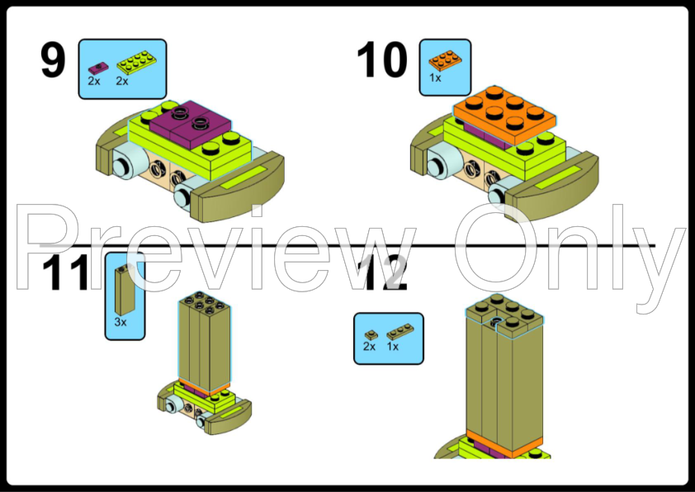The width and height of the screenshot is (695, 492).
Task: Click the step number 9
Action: (x=53, y=59)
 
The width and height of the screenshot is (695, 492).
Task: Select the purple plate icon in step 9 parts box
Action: (x=98, y=68)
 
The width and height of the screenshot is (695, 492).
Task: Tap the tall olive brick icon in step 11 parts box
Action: (x=125, y=290)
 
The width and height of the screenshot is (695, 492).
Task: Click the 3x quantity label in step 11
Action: (x=121, y=322)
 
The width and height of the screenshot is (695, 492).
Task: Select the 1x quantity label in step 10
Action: (x=435, y=78)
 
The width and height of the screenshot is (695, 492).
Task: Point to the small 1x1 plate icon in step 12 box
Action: (x=371, y=335)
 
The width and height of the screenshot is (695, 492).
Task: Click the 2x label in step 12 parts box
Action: (x=369, y=346)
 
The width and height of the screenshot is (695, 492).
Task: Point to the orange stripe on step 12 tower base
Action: (x=504, y=443)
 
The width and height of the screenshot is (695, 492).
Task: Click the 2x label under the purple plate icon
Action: (x=94, y=81)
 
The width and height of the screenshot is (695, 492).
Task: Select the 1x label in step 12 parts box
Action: (x=393, y=346)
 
